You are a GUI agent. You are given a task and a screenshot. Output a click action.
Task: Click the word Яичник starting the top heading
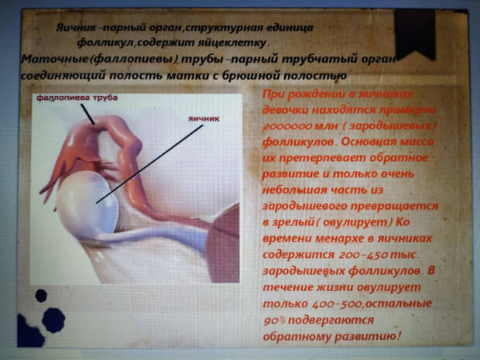(73, 27)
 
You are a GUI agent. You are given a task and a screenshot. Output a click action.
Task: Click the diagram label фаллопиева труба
(70, 99)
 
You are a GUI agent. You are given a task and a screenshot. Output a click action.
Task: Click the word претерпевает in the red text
(311, 159)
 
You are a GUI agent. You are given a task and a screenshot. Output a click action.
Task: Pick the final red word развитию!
(364, 337)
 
